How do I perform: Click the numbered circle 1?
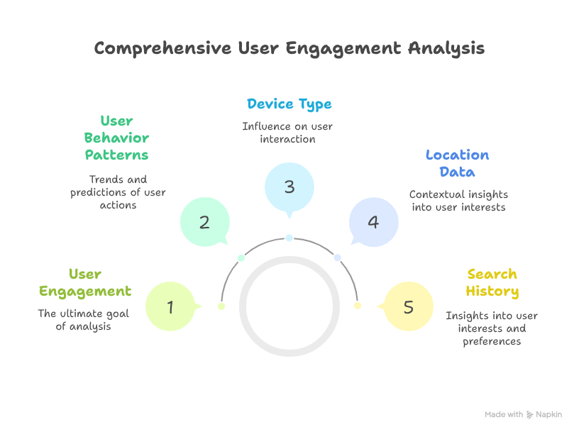click(x=170, y=307)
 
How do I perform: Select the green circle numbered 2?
click(x=204, y=222)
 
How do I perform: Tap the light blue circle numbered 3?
click(x=289, y=187)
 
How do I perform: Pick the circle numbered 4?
click(x=373, y=222)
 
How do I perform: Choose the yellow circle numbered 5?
click(x=408, y=307)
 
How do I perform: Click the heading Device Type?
click(x=289, y=104)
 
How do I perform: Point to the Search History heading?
click(x=492, y=282)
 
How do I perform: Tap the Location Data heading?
click(x=458, y=163)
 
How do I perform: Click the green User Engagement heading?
click(x=85, y=282)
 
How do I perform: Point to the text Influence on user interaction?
click(x=287, y=133)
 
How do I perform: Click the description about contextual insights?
click(x=458, y=201)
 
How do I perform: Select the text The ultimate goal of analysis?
click(x=84, y=320)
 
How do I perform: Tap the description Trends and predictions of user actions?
click(x=118, y=192)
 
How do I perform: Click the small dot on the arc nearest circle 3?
click(x=289, y=238)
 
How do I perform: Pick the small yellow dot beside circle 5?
click(x=358, y=306)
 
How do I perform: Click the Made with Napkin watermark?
click(x=523, y=414)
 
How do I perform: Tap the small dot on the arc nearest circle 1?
click(x=221, y=306)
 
